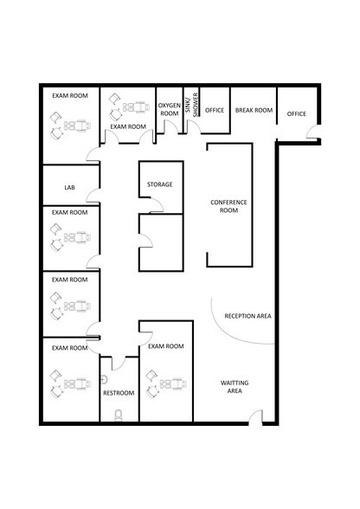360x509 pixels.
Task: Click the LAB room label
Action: pos(69,187)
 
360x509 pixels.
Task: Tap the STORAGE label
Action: pos(159,184)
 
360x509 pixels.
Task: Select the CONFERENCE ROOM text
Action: pos(229,206)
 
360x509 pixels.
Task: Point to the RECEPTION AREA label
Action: pos(247,317)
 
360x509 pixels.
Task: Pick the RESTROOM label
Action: pos(119,393)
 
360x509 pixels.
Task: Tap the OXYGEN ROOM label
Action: pos(169,109)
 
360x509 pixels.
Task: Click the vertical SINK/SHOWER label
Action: pos(196,105)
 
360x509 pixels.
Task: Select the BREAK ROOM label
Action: pos(254,111)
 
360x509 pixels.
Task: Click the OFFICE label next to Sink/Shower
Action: pos(215,111)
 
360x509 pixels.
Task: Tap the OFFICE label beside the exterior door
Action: pos(297,114)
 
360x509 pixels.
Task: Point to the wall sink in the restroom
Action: pos(104,377)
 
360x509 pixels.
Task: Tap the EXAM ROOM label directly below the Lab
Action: pos(69,212)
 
